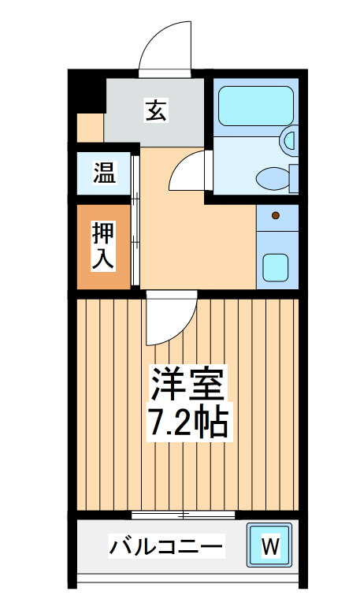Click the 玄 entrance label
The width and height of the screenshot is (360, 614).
pyautogui.click(x=155, y=112)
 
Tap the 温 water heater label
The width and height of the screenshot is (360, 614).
pyautogui.click(x=104, y=173)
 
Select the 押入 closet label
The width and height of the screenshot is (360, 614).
pyautogui.click(x=103, y=247)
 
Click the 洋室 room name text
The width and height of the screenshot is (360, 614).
pyautogui.click(x=189, y=385)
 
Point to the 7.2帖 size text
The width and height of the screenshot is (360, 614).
pyautogui.click(x=188, y=423)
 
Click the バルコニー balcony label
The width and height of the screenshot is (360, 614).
pyautogui.click(x=166, y=545)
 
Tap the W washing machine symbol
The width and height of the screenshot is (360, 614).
pyautogui.click(x=269, y=545)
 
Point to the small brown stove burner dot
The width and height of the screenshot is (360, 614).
pyautogui.click(x=275, y=215)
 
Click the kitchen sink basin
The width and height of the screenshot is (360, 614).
pyautogui.click(x=276, y=268)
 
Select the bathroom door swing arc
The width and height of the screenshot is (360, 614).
pyautogui.click(x=187, y=169)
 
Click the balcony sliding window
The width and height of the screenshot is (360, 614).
pyautogui.click(x=184, y=515)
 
